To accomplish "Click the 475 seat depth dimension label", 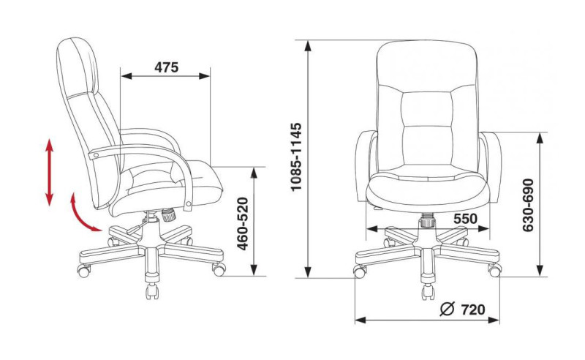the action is [x=167, y=67].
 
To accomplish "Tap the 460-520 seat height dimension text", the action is [x=243, y=223].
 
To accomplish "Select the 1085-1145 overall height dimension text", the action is [x=296, y=157].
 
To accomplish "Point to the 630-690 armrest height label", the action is [x=528, y=205].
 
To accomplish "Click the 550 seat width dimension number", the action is [x=465, y=219].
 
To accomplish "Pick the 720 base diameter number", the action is [x=473, y=310].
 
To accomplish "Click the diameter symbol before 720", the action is [x=448, y=309].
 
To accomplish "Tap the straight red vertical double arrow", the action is [x=49, y=172].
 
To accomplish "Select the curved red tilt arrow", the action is [x=81, y=215].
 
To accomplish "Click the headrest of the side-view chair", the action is [x=78, y=67].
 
